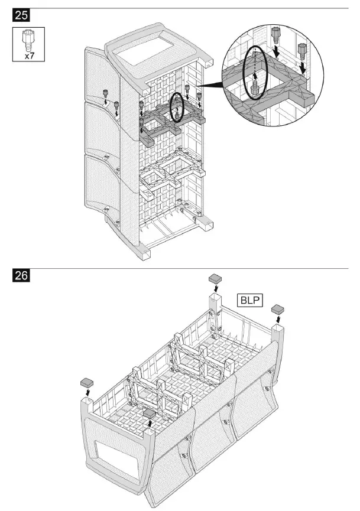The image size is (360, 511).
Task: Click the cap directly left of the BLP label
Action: click(x=214, y=278)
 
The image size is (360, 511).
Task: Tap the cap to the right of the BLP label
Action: click(x=277, y=309)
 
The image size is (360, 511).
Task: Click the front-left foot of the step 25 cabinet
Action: click(x=144, y=253)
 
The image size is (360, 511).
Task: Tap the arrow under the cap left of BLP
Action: click(x=214, y=287)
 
